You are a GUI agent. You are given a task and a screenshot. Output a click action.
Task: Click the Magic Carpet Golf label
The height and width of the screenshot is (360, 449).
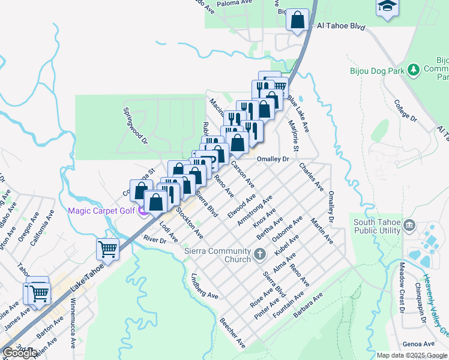101,211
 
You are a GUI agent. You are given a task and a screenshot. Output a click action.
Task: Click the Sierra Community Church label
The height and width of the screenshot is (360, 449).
217,255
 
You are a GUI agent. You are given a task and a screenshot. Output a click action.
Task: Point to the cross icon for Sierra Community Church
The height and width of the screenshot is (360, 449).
260,255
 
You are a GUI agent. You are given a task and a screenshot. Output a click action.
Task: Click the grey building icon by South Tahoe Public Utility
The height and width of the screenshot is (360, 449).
411,226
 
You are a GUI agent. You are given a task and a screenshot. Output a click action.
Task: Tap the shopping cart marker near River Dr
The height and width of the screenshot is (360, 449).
108,248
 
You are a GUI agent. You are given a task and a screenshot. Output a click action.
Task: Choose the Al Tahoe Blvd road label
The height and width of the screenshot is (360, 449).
341,26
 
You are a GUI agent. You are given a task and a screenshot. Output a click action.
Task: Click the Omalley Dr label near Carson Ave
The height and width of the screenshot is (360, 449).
273,159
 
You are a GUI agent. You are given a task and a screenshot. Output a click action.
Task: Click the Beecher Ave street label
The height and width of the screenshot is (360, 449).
233,333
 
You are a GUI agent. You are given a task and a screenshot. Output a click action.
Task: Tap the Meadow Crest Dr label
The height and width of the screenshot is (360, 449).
399,294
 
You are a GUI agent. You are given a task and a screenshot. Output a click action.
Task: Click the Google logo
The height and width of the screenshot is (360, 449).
20,353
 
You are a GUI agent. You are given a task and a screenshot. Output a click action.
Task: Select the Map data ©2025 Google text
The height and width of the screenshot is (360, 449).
412,355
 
